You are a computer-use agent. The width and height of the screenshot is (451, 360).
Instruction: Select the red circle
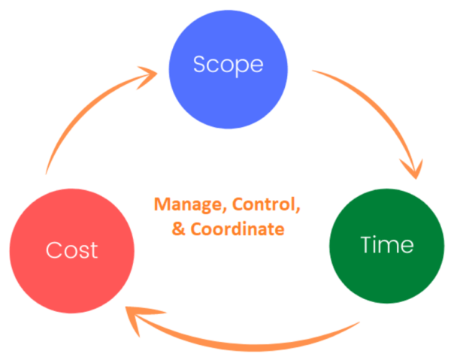click(71, 248)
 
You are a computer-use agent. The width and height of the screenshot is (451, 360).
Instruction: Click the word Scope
click(228, 65)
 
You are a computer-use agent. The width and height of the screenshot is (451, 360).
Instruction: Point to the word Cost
click(71, 250)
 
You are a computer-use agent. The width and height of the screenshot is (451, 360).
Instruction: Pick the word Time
click(386, 245)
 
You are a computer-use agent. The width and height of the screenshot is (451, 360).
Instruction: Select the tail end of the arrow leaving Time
click(353, 325)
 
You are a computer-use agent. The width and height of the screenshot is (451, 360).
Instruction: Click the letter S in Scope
click(199, 65)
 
